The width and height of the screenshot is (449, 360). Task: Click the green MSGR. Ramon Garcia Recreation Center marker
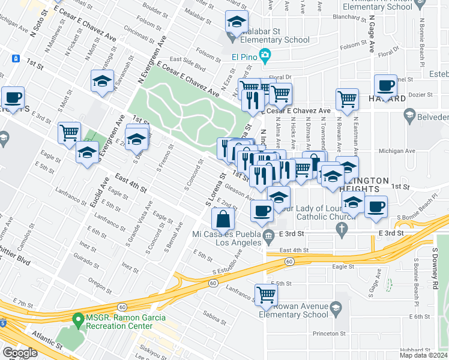(x=78, y=322)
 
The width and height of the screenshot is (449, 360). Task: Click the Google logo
(x=20, y=352)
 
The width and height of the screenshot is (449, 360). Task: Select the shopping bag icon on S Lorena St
(x=223, y=220)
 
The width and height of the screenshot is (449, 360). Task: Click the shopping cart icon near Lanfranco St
(x=265, y=294)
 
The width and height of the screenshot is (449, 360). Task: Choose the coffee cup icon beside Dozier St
(x=385, y=85)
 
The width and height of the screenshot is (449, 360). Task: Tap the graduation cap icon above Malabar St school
(x=237, y=22)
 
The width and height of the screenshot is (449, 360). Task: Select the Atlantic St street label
(x=47, y=340)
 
